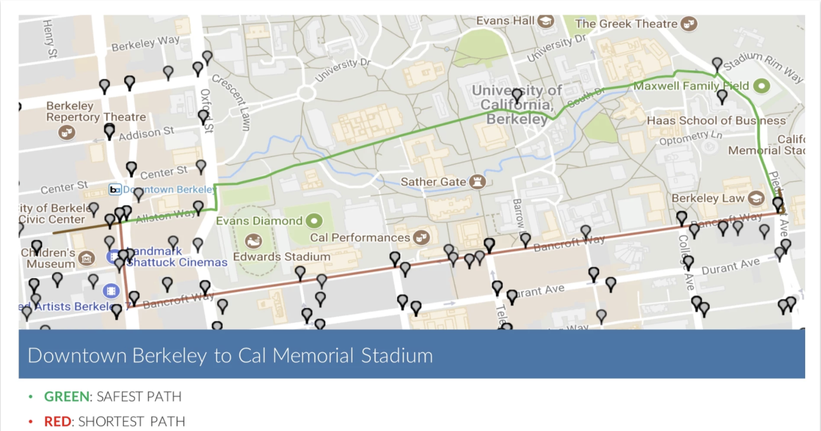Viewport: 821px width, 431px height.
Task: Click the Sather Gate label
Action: click(433, 182)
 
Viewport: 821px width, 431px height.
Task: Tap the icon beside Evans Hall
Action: click(546, 21)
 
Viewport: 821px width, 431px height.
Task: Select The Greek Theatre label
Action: click(626, 24)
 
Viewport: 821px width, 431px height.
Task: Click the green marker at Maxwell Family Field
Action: click(762, 86)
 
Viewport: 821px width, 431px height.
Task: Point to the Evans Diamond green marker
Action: click(314, 221)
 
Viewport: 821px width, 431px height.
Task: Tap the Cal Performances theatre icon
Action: click(421, 238)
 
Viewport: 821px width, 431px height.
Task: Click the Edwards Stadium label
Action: click(282, 257)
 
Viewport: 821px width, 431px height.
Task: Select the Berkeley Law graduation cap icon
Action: click(756, 198)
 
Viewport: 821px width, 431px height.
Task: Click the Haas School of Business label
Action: click(716, 121)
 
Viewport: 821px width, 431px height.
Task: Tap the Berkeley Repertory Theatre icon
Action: click(66, 132)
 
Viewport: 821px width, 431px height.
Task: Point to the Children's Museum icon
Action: click(86, 259)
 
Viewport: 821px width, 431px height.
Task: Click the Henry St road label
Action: click(49, 38)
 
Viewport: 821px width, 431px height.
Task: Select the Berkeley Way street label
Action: click(145, 43)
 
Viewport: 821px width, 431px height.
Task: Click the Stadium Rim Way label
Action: click(763, 66)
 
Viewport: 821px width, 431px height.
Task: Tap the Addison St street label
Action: click(147, 133)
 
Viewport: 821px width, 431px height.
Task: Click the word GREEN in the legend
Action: click(67, 397)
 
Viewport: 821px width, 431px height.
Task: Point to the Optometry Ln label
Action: click(691, 138)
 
